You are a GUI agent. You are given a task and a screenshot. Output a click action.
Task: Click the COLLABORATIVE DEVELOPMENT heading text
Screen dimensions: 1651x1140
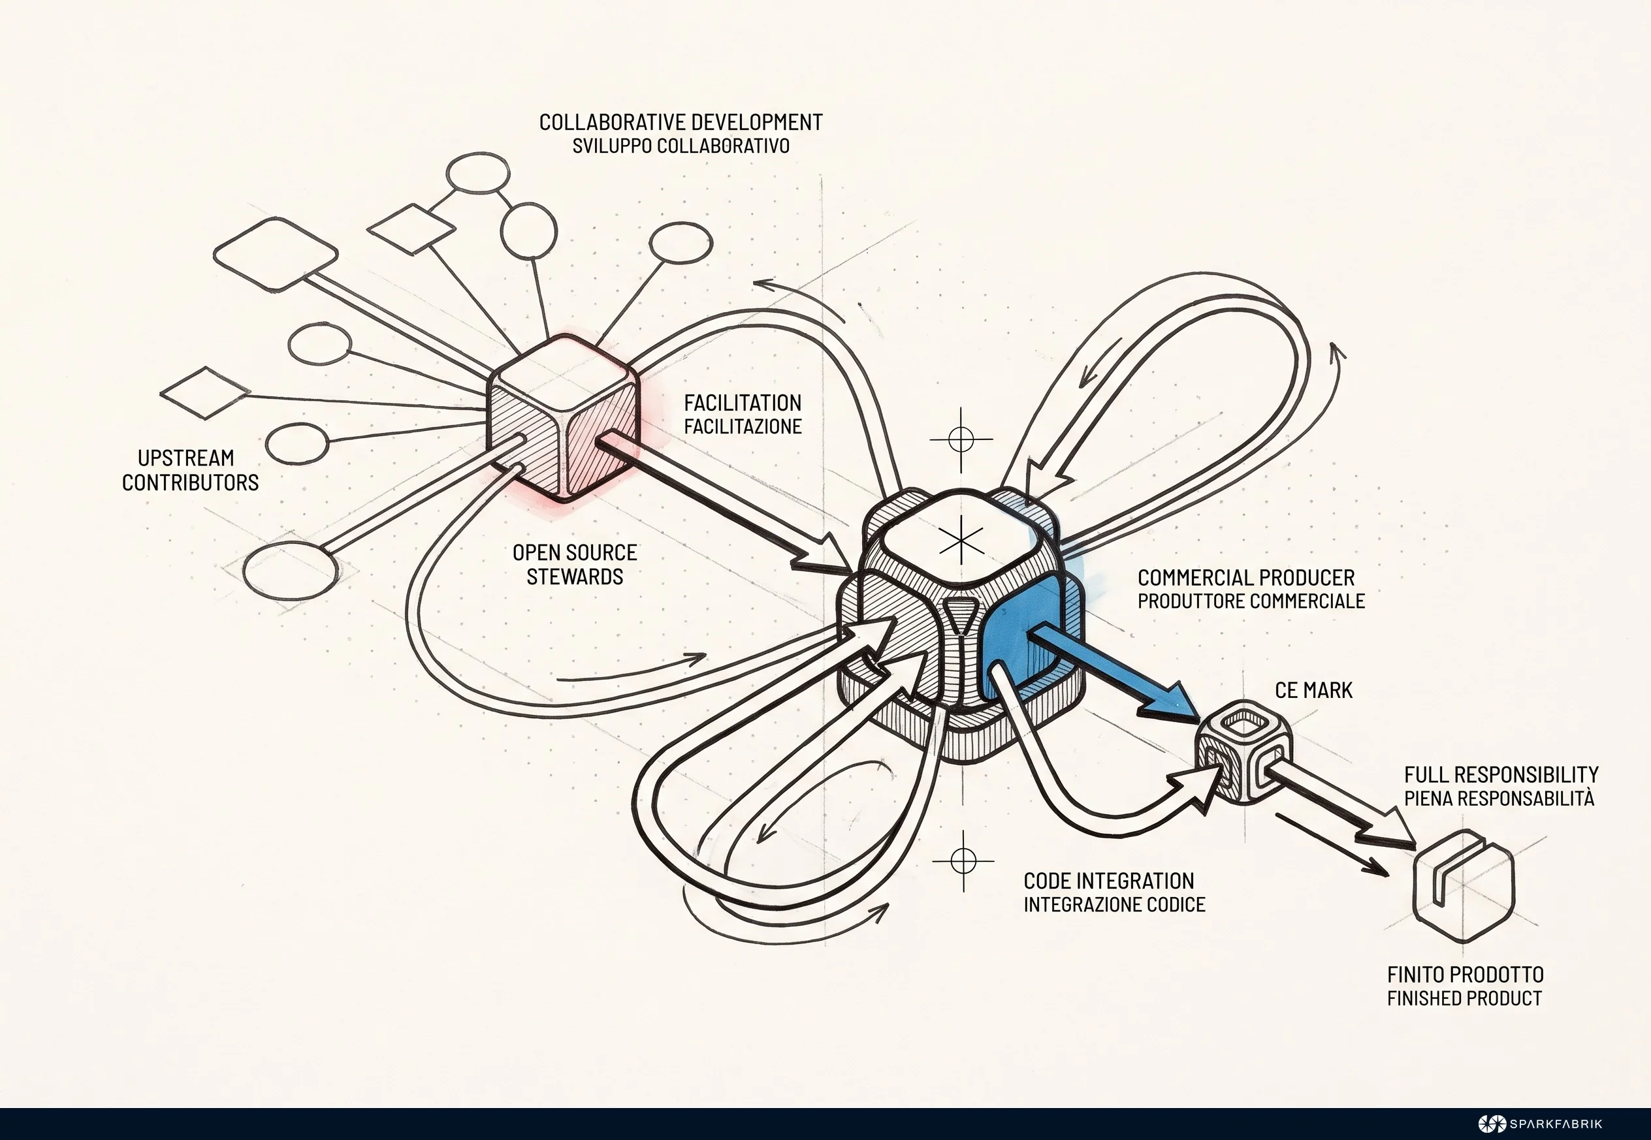coord(681,122)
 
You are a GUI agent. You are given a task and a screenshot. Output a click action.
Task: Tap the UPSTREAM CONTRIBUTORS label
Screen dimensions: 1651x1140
coord(190,470)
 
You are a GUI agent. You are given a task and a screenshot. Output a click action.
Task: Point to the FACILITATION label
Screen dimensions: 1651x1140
coord(743,403)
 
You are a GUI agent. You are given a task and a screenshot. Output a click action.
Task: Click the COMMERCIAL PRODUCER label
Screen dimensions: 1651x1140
coord(1246,577)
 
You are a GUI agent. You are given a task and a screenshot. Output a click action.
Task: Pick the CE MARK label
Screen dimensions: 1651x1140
coord(1314,690)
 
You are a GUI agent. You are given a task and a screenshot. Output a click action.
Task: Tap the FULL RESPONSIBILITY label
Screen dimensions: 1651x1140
coord(1501,775)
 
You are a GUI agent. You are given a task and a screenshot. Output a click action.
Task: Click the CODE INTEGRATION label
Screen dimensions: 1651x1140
coord(1109,881)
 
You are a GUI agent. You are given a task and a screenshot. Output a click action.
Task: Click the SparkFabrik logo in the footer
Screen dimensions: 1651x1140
coord(1540,1124)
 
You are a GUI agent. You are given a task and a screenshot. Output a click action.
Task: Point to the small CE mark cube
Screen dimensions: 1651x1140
coord(1243,753)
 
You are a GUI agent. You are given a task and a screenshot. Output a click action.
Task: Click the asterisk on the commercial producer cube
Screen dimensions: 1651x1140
coord(961,540)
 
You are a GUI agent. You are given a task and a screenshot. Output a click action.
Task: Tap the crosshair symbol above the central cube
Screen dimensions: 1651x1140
coord(961,439)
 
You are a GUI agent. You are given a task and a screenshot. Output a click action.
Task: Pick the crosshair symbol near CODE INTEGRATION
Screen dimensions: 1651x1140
coord(963,861)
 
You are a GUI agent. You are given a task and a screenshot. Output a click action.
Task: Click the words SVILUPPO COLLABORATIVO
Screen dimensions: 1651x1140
coord(681,146)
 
